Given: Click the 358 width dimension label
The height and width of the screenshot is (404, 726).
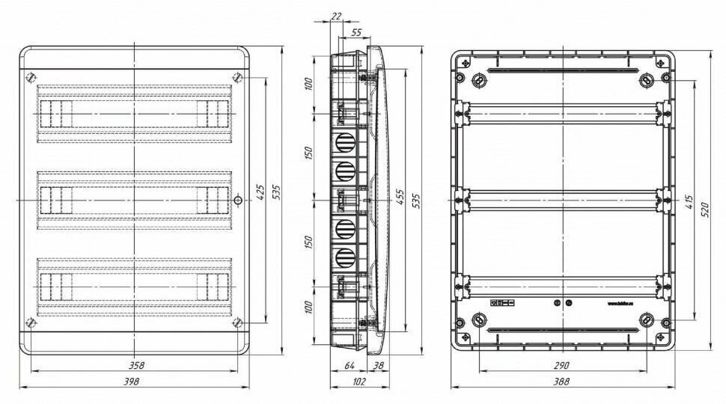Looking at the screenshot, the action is pyautogui.click(x=135, y=365).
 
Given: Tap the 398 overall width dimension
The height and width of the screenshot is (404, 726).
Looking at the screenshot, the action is pyautogui.click(x=135, y=381).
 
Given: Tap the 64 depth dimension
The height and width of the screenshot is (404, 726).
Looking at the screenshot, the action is pyautogui.click(x=348, y=365).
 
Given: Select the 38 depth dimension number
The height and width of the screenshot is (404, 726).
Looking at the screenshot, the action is pyautogui.click(x=378, y=365).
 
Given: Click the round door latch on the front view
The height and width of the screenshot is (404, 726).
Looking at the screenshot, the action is pyautogui.click(x=237, y=201).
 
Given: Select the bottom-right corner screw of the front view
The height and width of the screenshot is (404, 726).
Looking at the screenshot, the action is pyautogui.click(x=237, y=323).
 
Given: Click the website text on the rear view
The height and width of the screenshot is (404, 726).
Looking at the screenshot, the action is pyautogui.click(x=622, y=304).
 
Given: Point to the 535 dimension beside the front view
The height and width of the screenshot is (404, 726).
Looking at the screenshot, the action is pyautogui.click(x=278, y=193).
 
